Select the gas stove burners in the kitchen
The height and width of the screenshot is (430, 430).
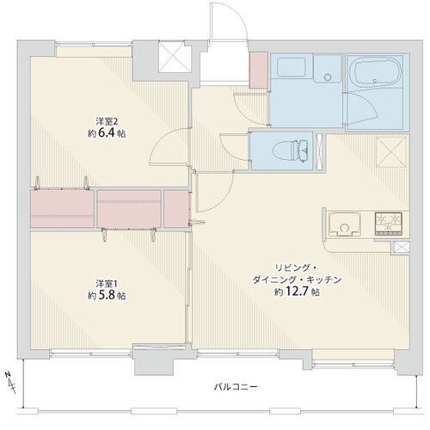coord(389,223)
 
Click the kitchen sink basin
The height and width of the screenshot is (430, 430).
coord(344,224)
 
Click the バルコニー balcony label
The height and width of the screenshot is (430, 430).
coord(236,387)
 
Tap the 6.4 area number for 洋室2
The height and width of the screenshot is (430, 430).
coord(106,133)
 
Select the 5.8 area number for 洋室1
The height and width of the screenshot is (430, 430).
coord(106,295)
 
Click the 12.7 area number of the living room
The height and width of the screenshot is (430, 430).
coord(297,292)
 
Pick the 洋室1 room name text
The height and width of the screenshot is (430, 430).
coord(107,284)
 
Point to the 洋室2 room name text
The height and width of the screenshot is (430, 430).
coord(107,122)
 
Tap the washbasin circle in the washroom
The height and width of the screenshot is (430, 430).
coord(328,77)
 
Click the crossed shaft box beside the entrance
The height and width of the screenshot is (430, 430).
coord(175,57)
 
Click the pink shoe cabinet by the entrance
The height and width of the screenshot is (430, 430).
coord(259,71)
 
